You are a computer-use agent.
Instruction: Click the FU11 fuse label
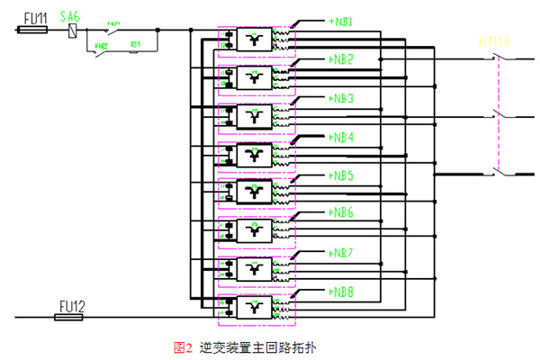point(35,17)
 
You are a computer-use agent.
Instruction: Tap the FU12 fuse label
point(70,305)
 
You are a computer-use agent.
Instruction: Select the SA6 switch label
point(70,16)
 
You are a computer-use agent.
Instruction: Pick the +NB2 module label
point(340,59)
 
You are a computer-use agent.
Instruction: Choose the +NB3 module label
point(340,98)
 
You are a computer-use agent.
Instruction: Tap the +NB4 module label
point(340,137)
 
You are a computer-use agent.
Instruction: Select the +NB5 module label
point(340,175)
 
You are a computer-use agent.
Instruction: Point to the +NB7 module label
point(340,253)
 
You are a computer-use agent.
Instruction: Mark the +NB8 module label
point(340,292)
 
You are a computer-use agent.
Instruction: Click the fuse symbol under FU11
point(34,30)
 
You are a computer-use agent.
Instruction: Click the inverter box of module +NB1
point(255,39)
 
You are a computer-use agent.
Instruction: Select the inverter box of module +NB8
point(255,307)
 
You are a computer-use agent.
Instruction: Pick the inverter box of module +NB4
point(255,154)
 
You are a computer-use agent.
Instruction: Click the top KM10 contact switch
point(499,58)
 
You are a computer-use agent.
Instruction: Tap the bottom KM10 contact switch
point(499,171)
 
